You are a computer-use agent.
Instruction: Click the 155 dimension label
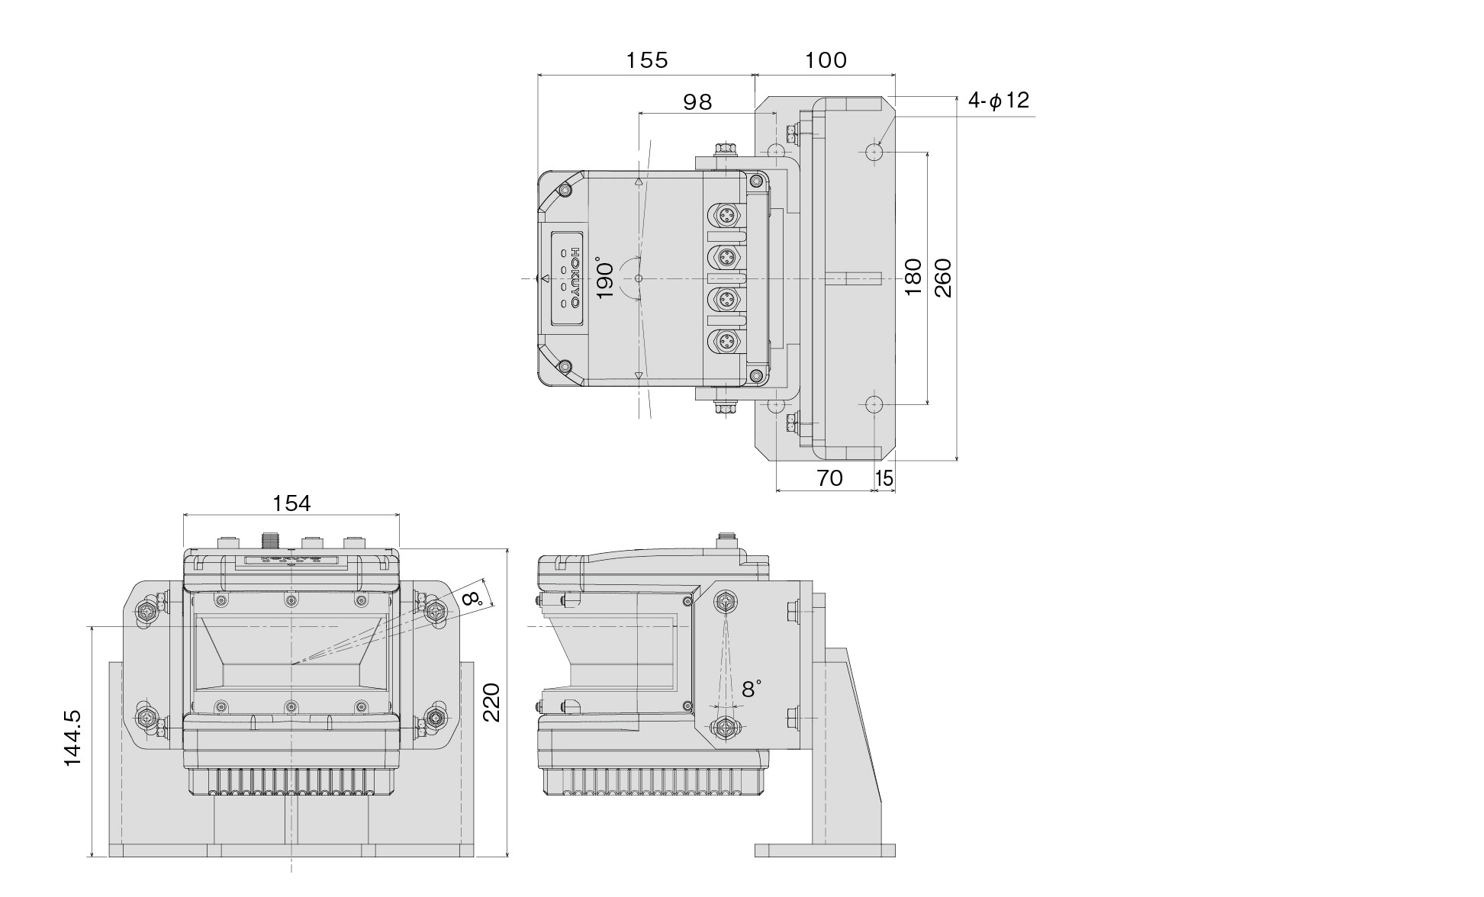(647, 60)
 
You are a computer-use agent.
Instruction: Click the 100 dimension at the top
(826, 60)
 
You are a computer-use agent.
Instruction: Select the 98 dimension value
(697, 101)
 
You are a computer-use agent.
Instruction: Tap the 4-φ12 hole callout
(999, 100)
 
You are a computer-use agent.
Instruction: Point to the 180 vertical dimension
(913, 278)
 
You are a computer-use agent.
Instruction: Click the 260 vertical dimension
(944, 278)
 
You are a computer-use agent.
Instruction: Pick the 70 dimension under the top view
(829, 478)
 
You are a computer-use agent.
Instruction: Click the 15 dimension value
(884, 478)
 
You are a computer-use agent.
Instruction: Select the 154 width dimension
(291, 503)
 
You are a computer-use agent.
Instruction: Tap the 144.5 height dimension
(72, 738)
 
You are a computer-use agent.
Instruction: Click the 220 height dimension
(491, 702)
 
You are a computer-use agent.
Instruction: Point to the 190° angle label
(604, 280)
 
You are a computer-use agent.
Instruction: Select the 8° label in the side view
(751, 689)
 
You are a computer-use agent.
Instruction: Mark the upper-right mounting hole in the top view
(874, 152)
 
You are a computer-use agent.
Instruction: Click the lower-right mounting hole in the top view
(874, 403)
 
